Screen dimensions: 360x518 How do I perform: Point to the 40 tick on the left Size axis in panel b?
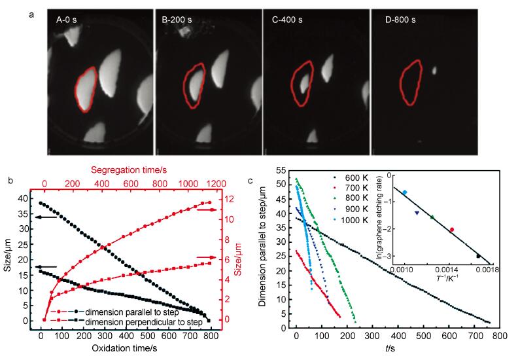(22, 198)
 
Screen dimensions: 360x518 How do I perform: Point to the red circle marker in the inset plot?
(452, 229)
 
